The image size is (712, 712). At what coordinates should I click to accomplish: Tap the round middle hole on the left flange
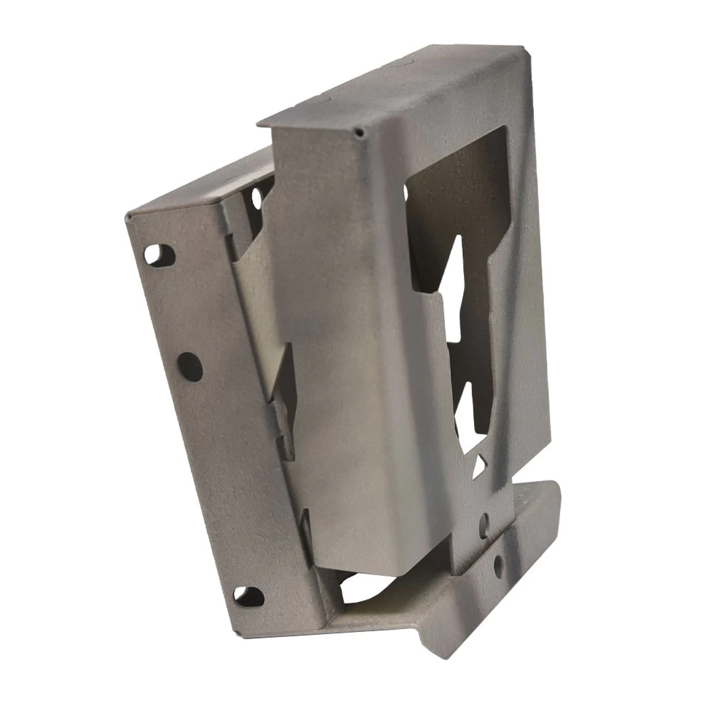click(190, 365)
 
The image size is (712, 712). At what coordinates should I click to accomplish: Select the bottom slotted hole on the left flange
click(248, 597)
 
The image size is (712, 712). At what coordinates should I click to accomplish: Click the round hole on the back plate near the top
click(257, 196)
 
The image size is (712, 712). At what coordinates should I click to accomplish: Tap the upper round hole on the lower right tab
click(485, 521)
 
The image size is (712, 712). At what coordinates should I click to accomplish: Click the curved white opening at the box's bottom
click(367, 590)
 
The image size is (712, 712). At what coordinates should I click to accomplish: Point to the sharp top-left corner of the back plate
click(129, 215)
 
